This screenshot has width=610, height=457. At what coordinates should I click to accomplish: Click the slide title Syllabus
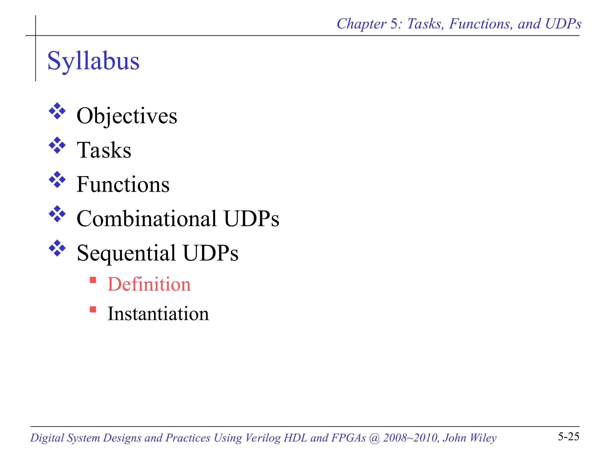[93, 61]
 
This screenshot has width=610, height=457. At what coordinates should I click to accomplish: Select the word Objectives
[127, 116]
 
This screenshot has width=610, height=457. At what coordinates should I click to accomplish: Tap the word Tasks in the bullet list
[104, 150]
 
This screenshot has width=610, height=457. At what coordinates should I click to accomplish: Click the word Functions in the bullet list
[123, 184]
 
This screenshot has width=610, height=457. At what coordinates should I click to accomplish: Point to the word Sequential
[126, 253]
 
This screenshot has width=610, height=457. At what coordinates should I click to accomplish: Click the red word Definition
[149, 284]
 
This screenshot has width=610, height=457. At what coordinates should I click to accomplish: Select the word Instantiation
[158, 314]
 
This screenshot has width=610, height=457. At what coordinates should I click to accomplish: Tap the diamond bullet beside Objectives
[57, 111]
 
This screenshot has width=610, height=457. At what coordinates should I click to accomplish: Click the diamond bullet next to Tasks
[57, 145]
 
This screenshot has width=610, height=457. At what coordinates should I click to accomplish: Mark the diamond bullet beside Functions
[57, 180]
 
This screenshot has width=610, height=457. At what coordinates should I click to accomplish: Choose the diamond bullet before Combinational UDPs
[57, 214]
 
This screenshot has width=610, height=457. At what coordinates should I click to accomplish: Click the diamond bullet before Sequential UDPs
[57, 248]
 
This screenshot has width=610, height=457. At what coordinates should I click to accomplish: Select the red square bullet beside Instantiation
[93, 310]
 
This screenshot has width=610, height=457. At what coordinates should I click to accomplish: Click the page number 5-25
[568, 437]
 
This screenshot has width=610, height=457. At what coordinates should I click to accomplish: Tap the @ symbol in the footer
[374, 438]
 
